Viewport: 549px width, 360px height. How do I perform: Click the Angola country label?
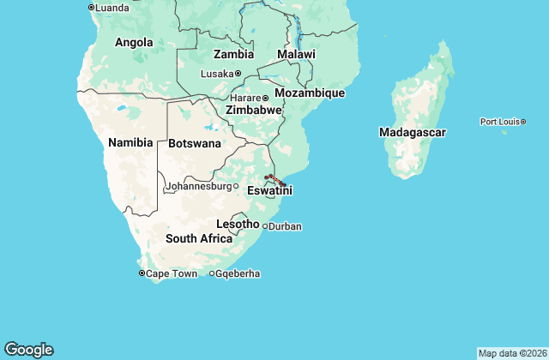pyautogui.click(x=134, y=42)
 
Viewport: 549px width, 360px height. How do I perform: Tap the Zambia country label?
pyautogui.click(x=233, y=54)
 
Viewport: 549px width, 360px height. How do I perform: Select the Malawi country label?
pyautogui.click(x=296, y=54)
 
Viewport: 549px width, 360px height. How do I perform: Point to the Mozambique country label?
pyautogui.click(x=310, y=93)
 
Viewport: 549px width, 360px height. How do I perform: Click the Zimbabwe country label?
pyautogui.click(x=254, y=111)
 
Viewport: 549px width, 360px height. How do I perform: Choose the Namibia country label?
pyautogui.click(x=130, y=142)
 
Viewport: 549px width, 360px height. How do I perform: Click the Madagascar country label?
pyautogui.click(x=413, y=133)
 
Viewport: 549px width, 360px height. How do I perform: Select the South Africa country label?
pyautogui.click(x=199, y=238)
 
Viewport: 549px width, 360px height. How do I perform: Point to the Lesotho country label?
pyautogui.click(x=238, y=224)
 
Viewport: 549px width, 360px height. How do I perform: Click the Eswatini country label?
pyautogui.click(x=269, y=190)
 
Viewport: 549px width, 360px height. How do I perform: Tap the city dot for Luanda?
pyautogui.click(x=92, y=8)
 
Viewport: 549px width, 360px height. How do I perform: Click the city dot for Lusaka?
pyautogui.click(x=238, y=74)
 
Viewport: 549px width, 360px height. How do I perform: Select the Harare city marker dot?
pyautogui.click(x=265, y=98)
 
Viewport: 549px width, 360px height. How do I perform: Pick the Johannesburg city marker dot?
pyautogui.click(x=236, y=186)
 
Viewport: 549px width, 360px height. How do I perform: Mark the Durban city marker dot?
pyautogui.click(x=265, y=226)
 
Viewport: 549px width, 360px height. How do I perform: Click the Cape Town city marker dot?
pyautogui.click(x=142, y=273)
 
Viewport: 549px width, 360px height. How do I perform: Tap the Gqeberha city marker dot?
pyautogui.click(x=212, y=273)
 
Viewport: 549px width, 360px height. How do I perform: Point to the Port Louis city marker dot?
pyautogui.click(x=523, y=122)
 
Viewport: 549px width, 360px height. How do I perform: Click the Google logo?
pyautogui.click(x=28, y=350)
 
